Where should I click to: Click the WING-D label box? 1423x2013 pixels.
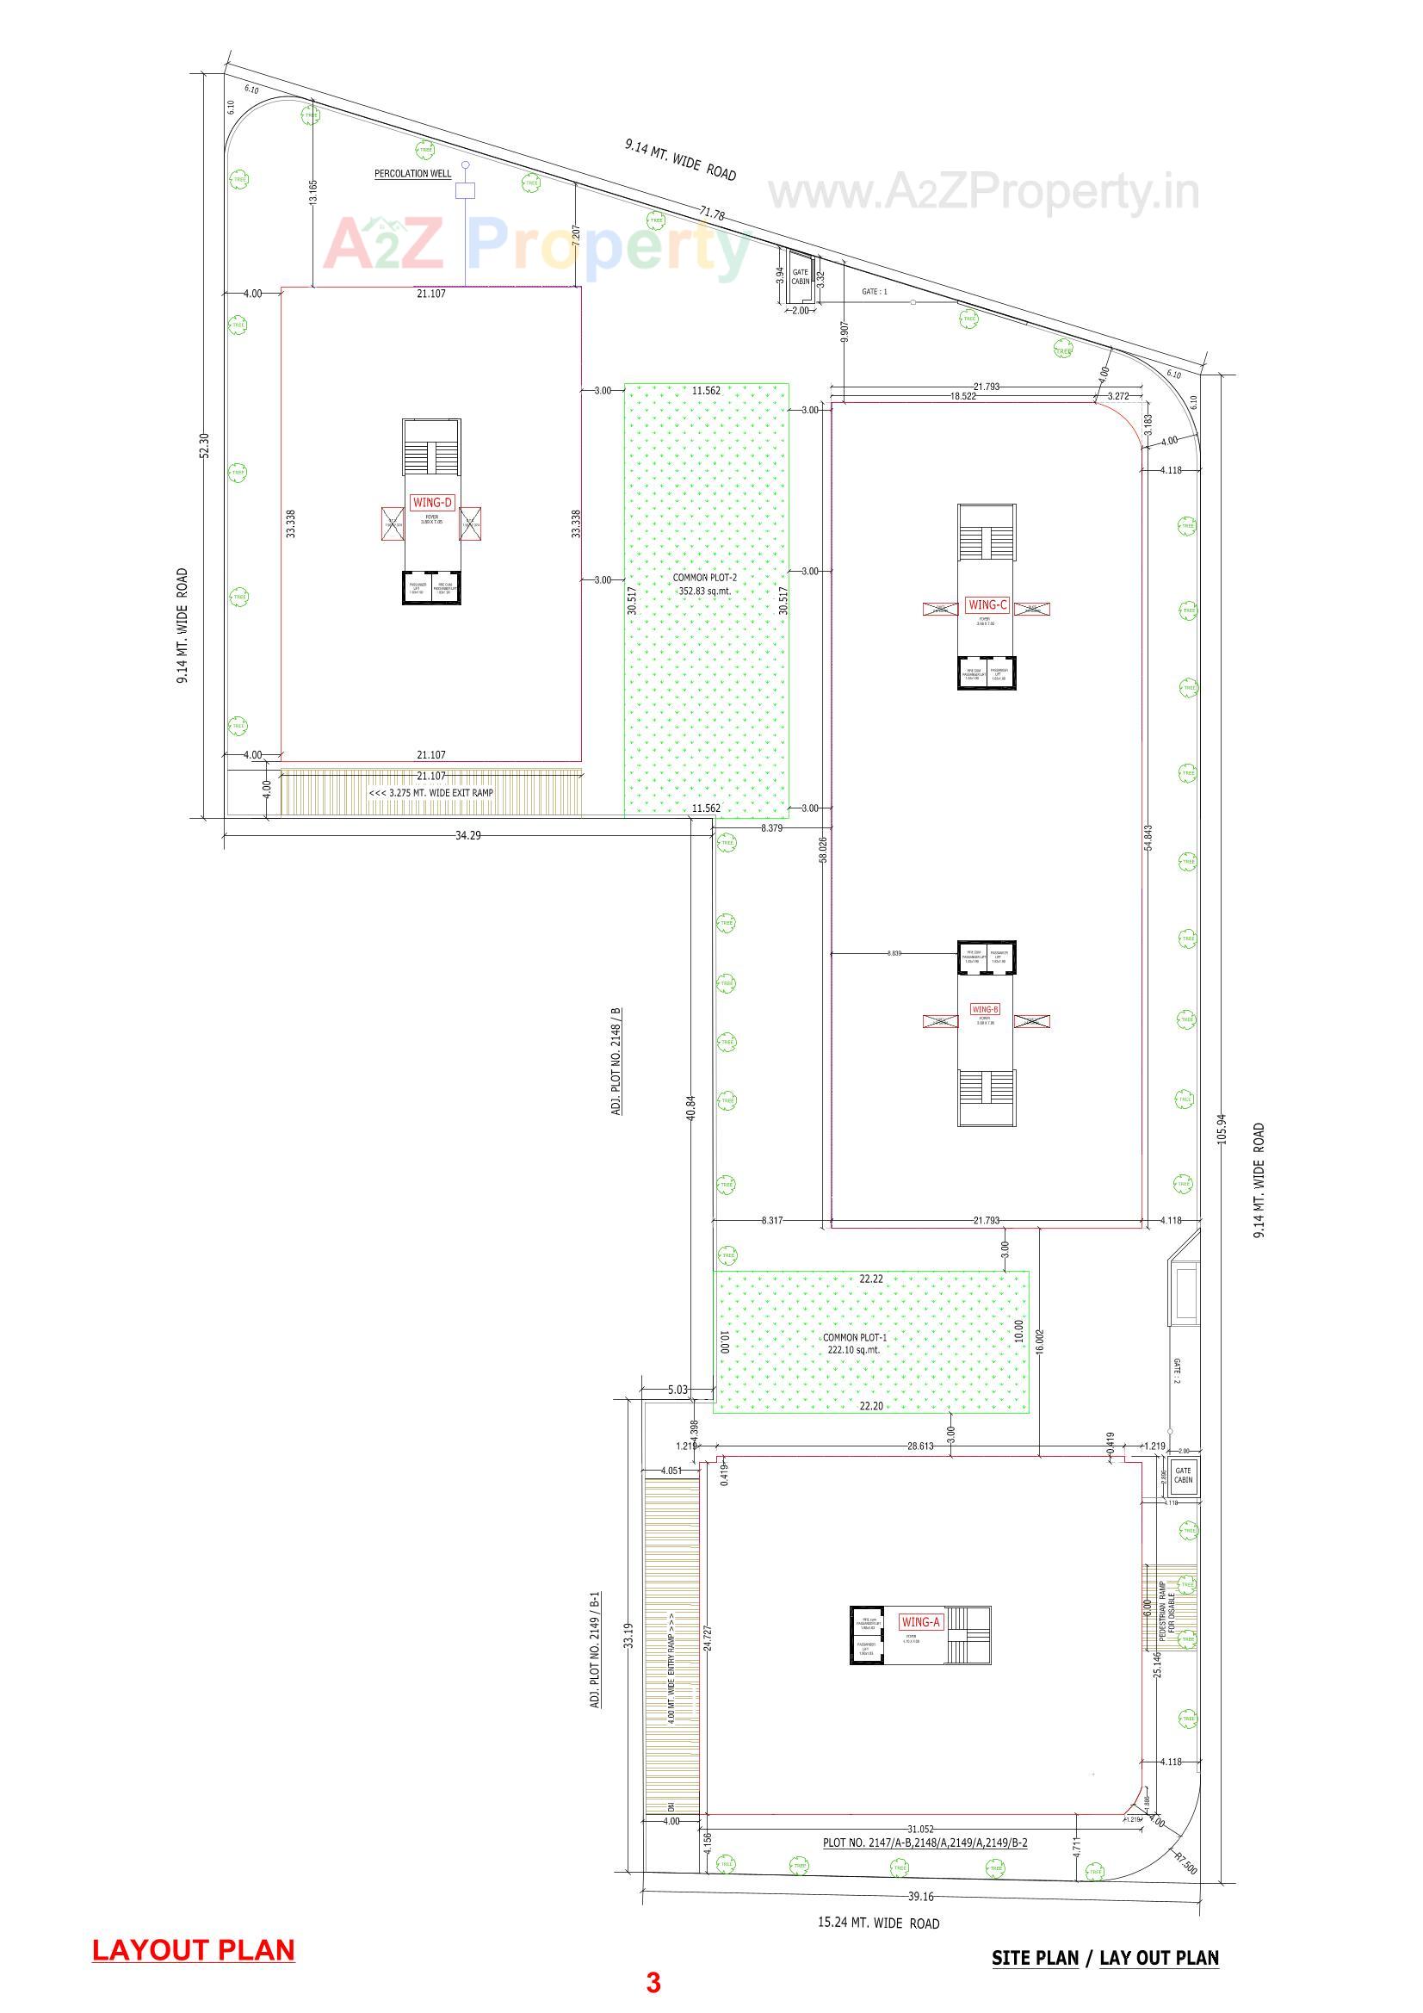tap(431, 502)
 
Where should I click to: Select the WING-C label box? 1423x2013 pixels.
tap(987, 604)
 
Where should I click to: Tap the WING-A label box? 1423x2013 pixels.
tap(919, 1622)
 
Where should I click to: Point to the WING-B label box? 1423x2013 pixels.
tap(986, 1009)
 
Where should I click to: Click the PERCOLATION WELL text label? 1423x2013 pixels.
tap(413, 174)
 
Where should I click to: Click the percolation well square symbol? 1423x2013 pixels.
tap(466, 190)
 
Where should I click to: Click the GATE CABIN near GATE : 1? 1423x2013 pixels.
tap(801, 277)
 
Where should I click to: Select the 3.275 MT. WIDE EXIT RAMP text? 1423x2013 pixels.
tap(430, 793)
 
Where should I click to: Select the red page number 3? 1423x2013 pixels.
tap(653, 1982)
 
